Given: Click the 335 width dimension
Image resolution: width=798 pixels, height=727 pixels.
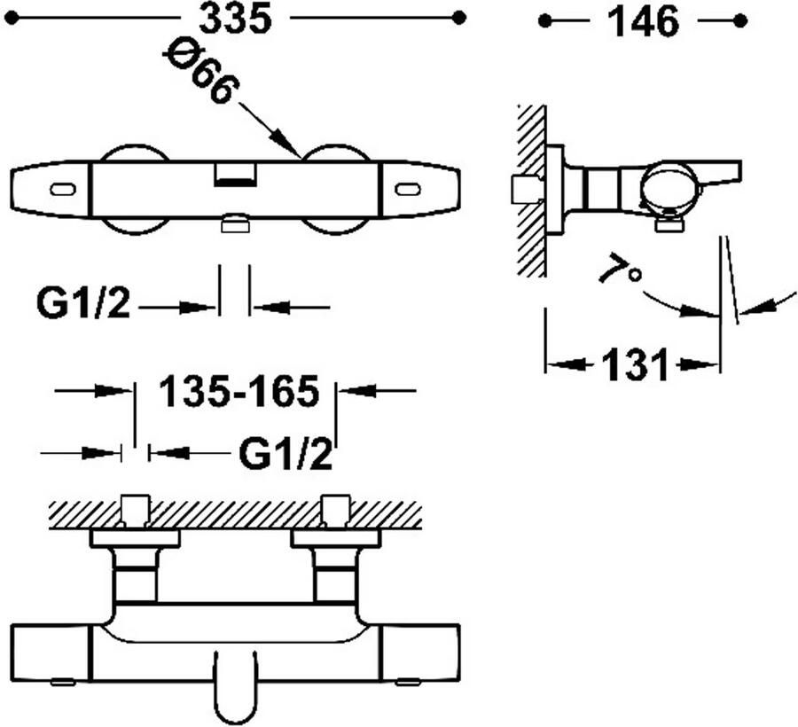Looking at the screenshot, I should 235,19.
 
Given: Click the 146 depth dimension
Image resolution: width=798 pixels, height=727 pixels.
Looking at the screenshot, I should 642,21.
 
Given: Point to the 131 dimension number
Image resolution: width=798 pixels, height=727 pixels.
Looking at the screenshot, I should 634,364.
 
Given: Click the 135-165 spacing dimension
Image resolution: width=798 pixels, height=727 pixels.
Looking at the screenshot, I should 238,391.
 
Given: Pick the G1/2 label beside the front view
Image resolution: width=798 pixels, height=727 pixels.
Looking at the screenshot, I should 83,305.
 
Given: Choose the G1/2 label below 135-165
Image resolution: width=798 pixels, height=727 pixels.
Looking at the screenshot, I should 286,456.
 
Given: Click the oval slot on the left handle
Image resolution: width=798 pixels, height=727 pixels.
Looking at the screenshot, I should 64,189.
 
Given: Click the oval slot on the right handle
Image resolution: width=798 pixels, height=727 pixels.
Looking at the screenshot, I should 407,189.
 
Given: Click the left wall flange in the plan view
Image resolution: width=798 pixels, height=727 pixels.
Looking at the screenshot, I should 135,538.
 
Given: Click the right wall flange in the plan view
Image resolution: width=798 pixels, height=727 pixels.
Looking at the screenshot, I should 335,538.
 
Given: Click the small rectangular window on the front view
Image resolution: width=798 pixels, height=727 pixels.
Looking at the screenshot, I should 234,176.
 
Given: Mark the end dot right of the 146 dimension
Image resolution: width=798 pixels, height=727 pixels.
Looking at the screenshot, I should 740,20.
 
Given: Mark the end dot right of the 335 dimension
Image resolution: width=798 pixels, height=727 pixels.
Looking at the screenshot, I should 458,17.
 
